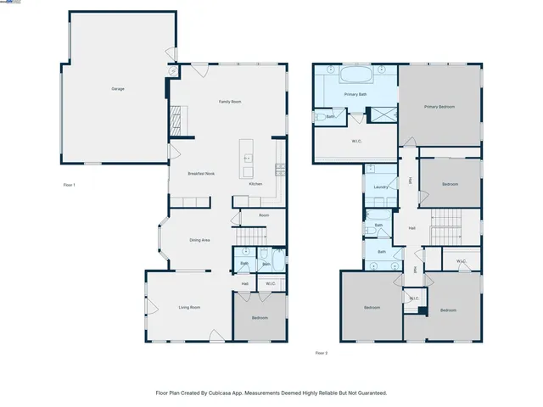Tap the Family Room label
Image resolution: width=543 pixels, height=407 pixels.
point(230,102)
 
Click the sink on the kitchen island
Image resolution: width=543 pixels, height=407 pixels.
point(248,158)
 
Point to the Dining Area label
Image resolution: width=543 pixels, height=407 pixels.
point(199,240)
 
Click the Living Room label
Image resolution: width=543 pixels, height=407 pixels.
point(188,307)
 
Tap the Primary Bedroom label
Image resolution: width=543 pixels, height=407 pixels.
point(439,107)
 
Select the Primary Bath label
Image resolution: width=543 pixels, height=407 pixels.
point(355,94)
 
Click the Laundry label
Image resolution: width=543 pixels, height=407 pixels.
point(380,187)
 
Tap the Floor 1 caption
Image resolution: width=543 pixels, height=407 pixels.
point(70,184)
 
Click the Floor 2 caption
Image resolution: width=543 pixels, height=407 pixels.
point(321,353)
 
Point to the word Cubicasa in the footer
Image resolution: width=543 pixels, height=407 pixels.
point(221,393)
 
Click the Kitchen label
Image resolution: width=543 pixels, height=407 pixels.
point(255,184)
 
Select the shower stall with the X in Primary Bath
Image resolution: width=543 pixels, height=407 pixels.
point(382,114)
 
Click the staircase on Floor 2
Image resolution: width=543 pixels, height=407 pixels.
point(446,227)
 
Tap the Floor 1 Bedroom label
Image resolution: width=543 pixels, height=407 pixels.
point(260,318)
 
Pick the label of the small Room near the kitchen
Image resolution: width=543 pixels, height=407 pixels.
point(264,215)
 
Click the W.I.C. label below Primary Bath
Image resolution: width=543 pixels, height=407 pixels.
point(357,141)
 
